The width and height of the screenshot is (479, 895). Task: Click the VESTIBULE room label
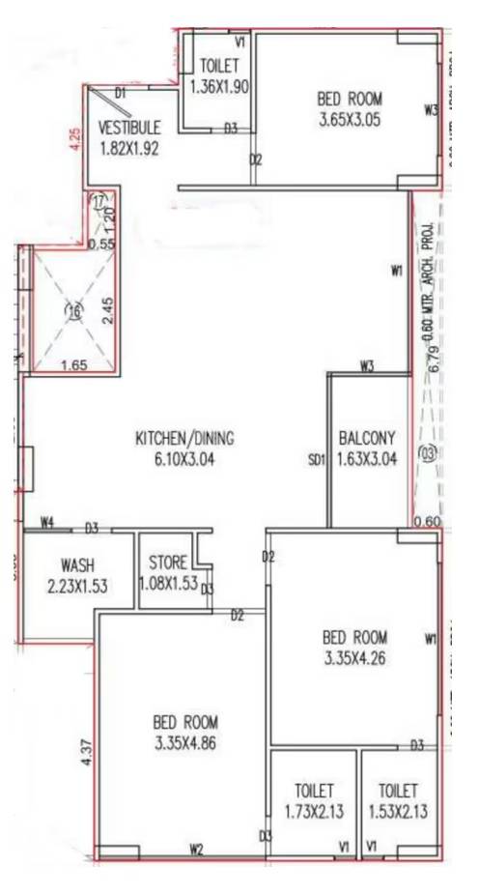tap(128, 128)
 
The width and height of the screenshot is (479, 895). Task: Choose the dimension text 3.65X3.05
tap(350, 120)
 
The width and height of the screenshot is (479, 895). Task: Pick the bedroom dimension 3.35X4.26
tap(354, 659)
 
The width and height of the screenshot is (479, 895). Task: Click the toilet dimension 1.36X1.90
tap(220, 87)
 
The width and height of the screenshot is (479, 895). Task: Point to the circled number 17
tap(99, 200)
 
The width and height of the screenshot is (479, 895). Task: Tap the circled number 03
tap(429, 452)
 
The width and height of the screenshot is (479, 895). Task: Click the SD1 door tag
tap(315, 460)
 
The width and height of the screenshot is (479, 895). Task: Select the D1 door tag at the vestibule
tap(121, 94)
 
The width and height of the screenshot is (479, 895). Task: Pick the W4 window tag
tap(46, 523)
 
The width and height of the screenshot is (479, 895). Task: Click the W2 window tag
tap(197, 850)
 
